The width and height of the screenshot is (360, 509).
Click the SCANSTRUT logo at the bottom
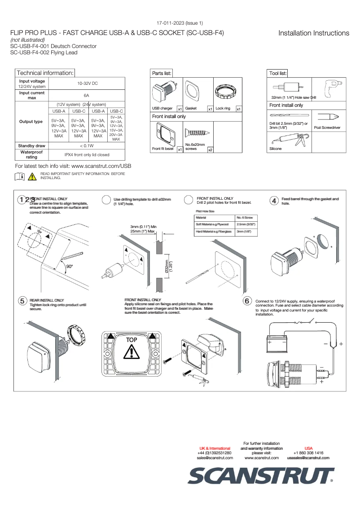260,475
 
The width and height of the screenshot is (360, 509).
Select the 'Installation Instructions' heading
313,33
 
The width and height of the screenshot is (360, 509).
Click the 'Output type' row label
31,122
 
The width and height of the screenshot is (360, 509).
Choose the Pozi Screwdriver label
327,128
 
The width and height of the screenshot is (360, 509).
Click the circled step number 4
273,201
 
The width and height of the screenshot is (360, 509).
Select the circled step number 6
246,301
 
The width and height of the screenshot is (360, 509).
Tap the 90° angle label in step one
69,266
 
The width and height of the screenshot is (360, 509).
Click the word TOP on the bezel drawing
131,340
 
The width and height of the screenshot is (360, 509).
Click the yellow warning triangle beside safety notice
32,176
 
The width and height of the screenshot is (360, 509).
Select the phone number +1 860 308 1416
308,453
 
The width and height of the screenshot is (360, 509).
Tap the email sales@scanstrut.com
215,458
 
